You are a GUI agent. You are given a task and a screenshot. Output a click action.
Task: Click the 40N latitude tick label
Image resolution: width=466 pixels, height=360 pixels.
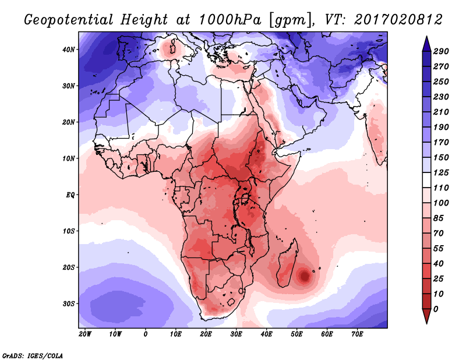point(69,50)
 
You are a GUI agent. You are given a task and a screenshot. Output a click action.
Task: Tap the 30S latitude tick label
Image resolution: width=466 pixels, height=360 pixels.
point(69,303)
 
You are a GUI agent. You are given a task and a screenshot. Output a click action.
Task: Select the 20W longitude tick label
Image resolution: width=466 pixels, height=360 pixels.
point(84,334)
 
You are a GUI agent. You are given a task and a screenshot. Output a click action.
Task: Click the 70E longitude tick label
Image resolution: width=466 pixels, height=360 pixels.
point(357,334)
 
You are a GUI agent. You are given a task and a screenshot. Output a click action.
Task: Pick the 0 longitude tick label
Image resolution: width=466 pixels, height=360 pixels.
point(145,334)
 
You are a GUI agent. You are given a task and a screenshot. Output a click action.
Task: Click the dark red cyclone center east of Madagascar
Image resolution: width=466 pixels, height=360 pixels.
point(304,276)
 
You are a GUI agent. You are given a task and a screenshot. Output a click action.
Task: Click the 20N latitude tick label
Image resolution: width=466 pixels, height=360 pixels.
point(69,122)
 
